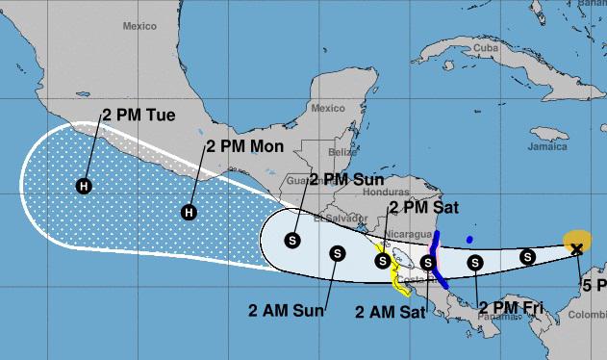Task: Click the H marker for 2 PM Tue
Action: point(85,185)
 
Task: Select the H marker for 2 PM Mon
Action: point(190,212)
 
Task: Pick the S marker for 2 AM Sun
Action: point(338,253)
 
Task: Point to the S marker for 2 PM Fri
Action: point(474,261)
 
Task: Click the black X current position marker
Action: point(576,249)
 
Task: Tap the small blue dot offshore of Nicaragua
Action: point(468,240)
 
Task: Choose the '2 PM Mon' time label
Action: point(240,148)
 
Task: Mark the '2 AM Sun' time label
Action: point(283,310)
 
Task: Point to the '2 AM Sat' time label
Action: point(391,311)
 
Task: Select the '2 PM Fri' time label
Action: point(510,307)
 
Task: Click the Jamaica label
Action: point(545,148)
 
